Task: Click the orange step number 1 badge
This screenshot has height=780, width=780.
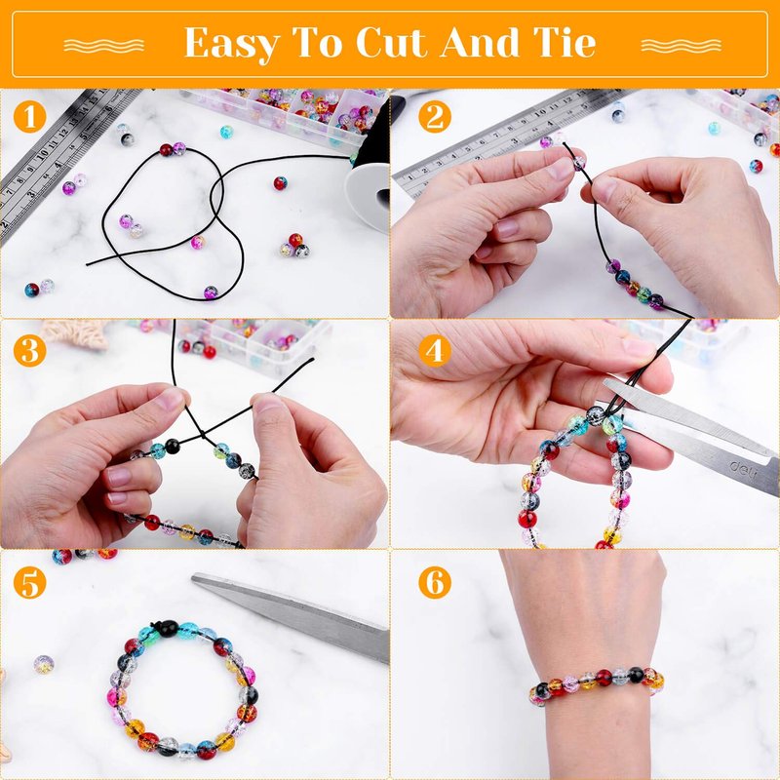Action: click(x=30, y=116)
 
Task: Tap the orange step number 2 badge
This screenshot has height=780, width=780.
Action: click(x=434, y=116)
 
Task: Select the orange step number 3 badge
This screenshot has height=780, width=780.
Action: click(x=30, y=350)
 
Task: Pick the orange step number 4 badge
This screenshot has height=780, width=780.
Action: click(x=434, y=350)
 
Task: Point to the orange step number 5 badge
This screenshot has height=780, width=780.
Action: click(x=30, y=582)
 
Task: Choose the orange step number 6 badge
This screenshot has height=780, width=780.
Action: click(x=434, y=582)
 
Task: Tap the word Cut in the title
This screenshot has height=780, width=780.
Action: click(x=392, y=43)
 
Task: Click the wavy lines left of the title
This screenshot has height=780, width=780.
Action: click(x=104, y=46)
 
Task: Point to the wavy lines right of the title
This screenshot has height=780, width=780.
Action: click(x=681, y=46)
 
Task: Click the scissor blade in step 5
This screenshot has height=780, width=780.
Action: click(x=291, y=616)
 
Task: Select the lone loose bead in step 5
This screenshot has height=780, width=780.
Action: click(x=44, y=664)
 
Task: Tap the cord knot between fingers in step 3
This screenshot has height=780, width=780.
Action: click(x=202, y=434)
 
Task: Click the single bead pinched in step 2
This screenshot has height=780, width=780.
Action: click(x=578, y=162)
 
